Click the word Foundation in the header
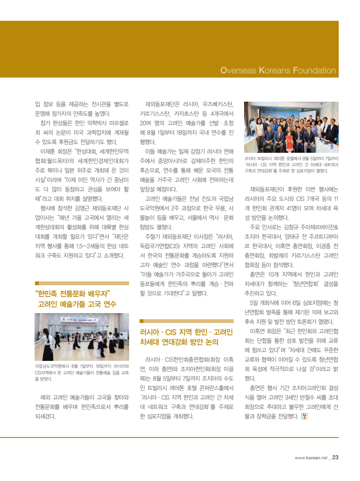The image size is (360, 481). pyautogui.click(x=314, y=71)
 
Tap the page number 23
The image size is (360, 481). pyautogui.click(x=335, y=457)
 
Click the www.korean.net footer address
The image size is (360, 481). pyautogui.click(x=311, y=458)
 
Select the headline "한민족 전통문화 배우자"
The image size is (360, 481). pyautogui.click(x=72, y=293)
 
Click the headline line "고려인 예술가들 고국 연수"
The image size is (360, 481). pyautogui.click(x=77, y=304)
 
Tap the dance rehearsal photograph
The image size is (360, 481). pyautogui.click(x=82, y=337)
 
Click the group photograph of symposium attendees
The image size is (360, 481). pyautogui.click(x=291, y=128)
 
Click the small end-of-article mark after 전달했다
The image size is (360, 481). pyautogui.click(x=304, y=416)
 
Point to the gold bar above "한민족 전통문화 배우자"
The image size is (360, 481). pyautogui.click(x=82, y=283)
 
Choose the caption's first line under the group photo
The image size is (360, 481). pyautogui.click(x=291, y=158)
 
